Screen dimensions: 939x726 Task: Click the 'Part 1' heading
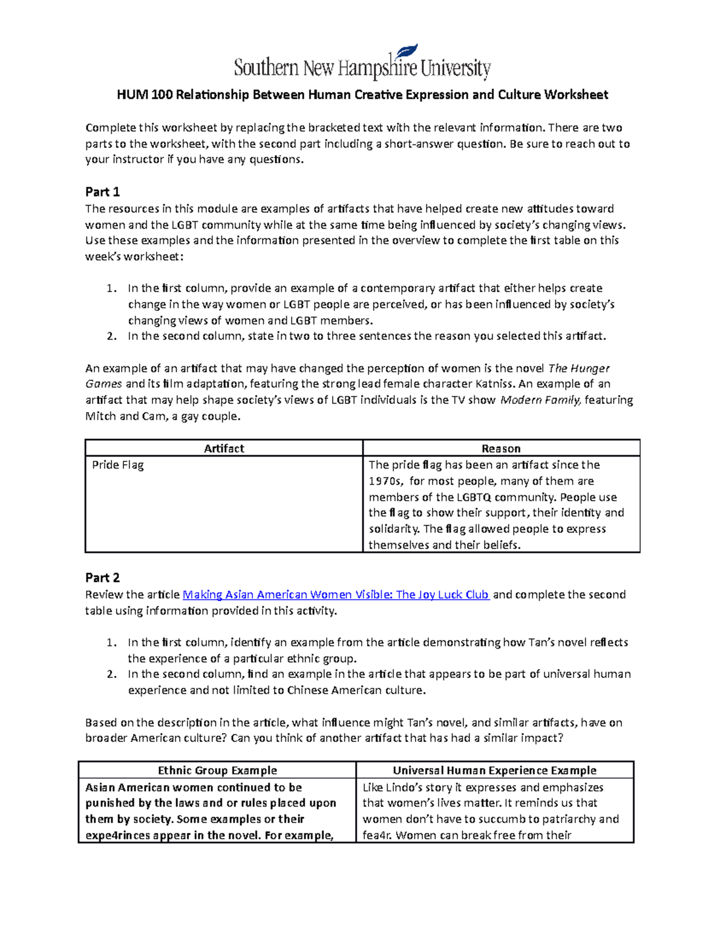point(102,192)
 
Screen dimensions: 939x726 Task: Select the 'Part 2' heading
point(102,578)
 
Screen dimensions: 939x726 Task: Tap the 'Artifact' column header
point(224,449)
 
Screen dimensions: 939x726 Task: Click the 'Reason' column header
point(501,449)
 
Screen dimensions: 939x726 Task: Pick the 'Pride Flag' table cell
point(118,466)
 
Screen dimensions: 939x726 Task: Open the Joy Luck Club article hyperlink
point(336,595)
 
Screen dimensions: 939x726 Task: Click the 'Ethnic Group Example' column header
point(217,770)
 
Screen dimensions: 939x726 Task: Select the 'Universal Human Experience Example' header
point(494,770)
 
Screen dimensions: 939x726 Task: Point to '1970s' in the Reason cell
point(385,481)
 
